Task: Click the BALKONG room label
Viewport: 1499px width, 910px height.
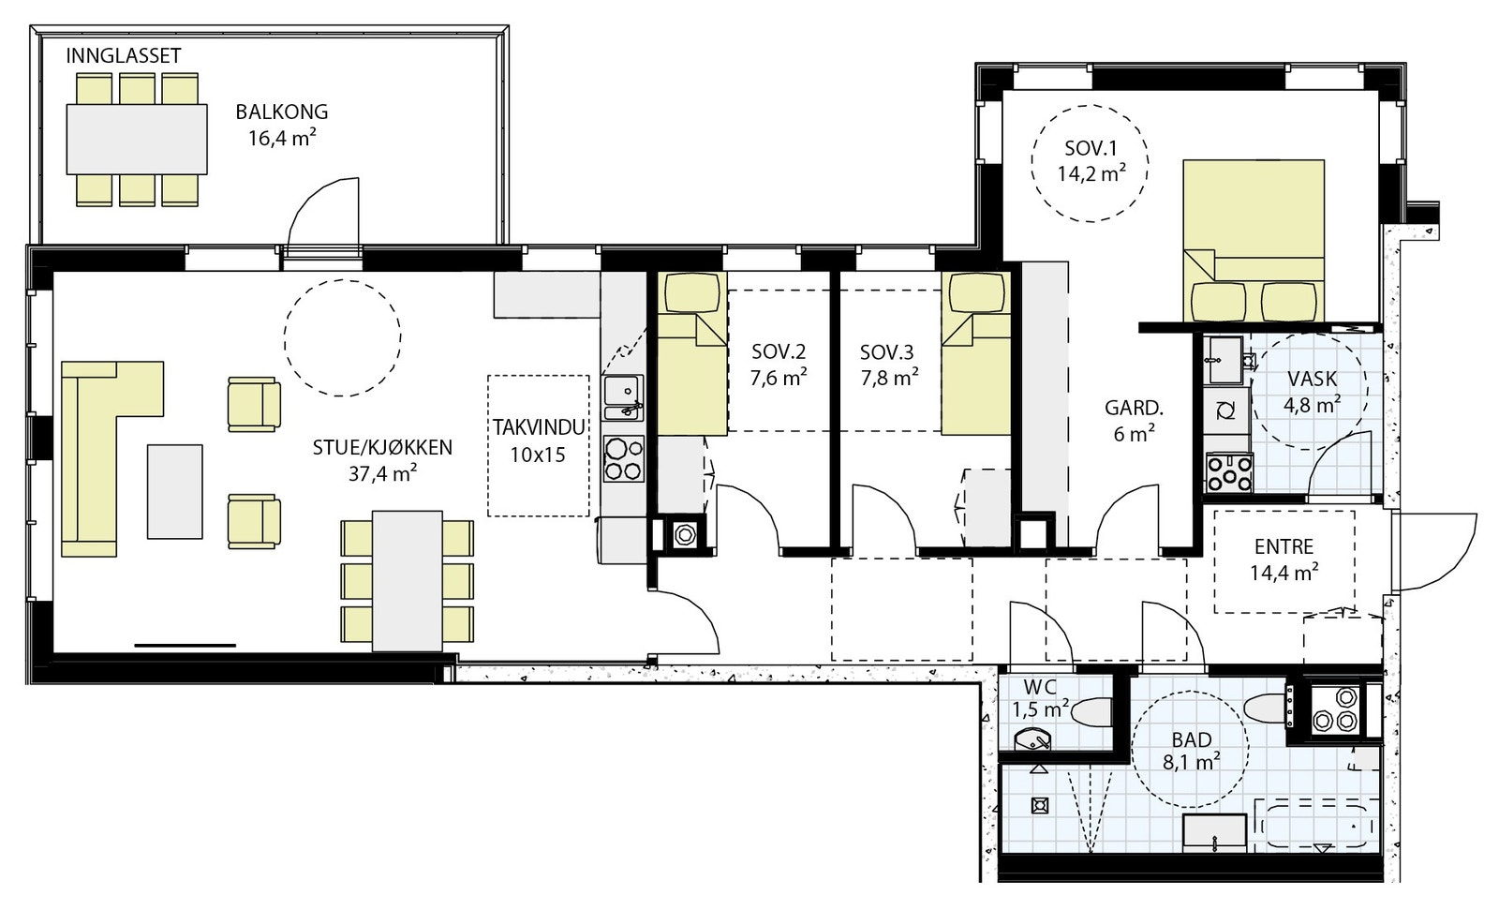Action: (282, 112)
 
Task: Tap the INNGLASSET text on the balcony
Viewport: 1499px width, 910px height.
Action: (123, 55)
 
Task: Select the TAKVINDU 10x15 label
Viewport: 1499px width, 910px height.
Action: (539, 440)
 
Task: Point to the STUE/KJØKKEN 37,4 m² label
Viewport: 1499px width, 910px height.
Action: (382, 461)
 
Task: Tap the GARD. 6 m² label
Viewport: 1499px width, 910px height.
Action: (1134, 421)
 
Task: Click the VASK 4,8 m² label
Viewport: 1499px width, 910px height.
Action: (1312, 392)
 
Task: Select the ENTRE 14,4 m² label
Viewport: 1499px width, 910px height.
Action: (1284, 559)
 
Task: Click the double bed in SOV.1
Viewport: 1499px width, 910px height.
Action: (1253, 241)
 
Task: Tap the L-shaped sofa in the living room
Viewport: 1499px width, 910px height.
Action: (111, 458)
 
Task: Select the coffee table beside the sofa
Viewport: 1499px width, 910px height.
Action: (174, 491)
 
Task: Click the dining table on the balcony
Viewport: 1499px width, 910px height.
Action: (137, 139)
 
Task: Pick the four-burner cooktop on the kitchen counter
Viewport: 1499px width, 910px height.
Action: (624, 458)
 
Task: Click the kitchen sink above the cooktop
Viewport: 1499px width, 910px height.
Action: (623, 397)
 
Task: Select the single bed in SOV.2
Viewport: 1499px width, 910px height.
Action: (692, 353)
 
